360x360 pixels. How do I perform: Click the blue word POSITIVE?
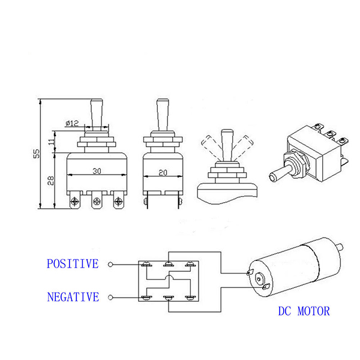pos(72,264)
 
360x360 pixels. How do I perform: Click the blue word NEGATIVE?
pos(72,297)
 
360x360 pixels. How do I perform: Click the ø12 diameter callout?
pos(72,124)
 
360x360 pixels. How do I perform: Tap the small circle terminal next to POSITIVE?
pos(110,264)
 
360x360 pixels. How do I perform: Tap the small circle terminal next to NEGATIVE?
pos(110,297)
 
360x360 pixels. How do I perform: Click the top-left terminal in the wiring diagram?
pos(146,264)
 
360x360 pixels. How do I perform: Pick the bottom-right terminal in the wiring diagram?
pos(191,297)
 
